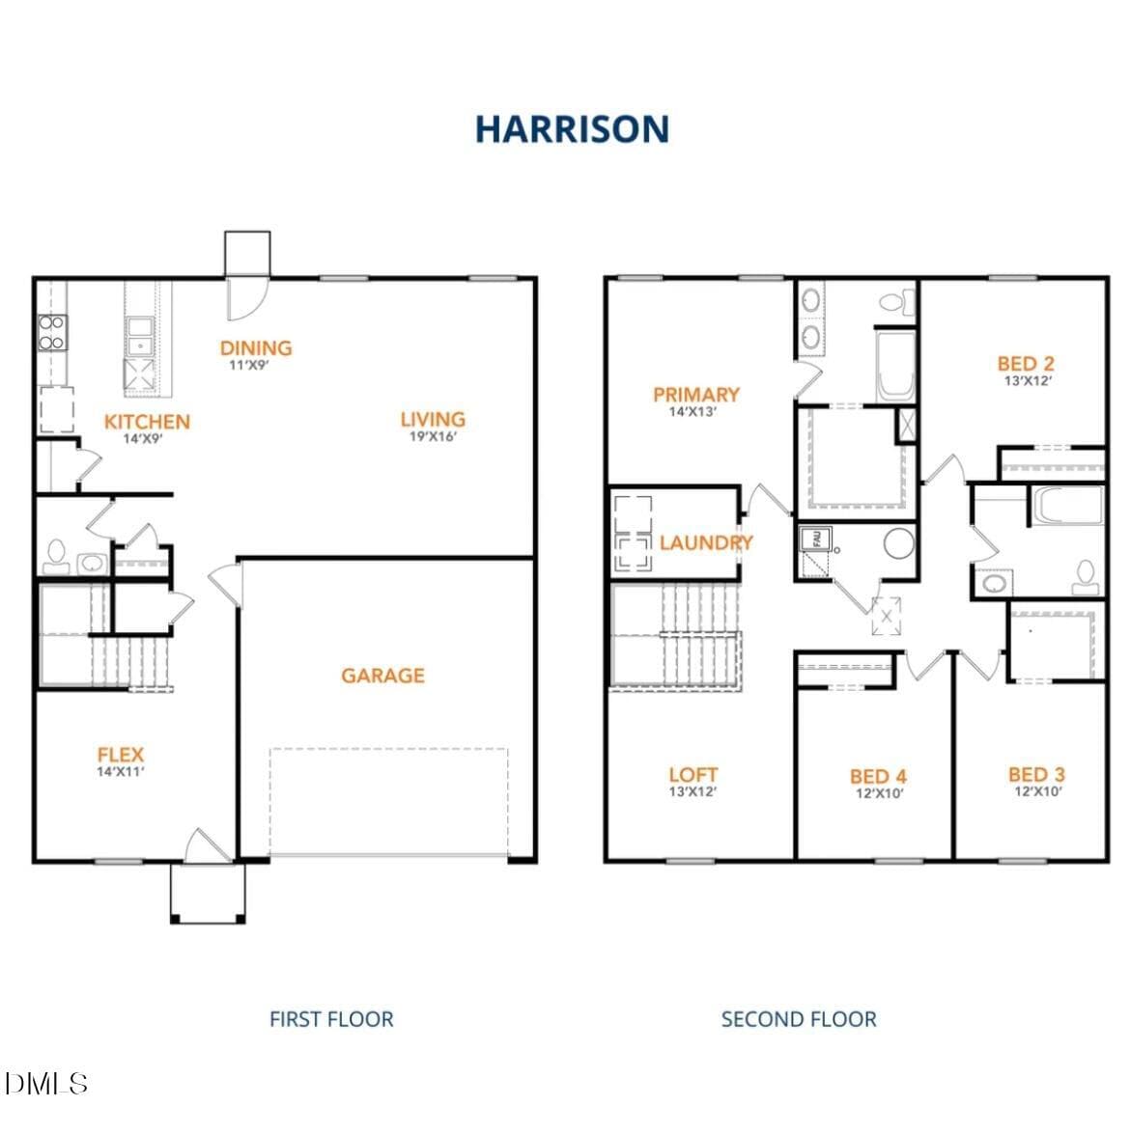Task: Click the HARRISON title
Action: click(x=572, y=129)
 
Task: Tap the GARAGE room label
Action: click(x=382, y=676)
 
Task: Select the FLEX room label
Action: click(x=120, y=755)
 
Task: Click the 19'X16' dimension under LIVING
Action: click(x=433, y=436)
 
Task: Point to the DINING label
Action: click(x=256, y=347)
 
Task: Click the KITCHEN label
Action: click(x=147, y=422)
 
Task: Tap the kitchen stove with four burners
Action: click(x=52, y=333)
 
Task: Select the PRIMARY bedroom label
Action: click(x=696, y=395)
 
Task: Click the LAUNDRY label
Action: click(x=707, y=542)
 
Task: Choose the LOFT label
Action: click(x=693, y=775)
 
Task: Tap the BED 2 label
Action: click(x=1026, y=364)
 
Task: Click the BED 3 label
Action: click(x=1036, y=775)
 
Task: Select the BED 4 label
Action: click(x=878, y=777)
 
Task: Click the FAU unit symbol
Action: click(x=815, y=539)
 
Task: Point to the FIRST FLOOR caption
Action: click(x=331, y=1019)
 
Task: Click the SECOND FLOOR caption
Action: click(x=799, y=1019)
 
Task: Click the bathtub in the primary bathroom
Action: click(x=895, y=367)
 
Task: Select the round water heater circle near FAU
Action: click(x=899, y=543)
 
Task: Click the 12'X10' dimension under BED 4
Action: click(x=879, y=793)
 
